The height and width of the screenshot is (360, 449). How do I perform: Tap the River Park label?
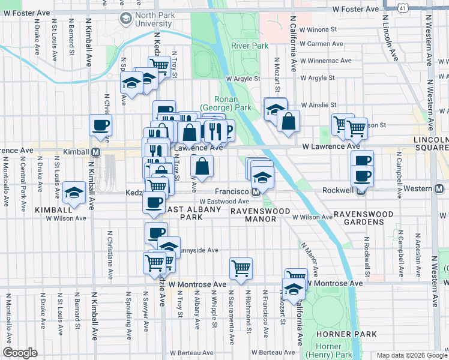coord(249,46)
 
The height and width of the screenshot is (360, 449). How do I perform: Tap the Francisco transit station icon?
coord(256,192)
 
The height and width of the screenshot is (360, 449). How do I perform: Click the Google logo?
coord(20,353)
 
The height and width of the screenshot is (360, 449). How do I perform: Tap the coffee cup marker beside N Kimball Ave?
coord(100,125)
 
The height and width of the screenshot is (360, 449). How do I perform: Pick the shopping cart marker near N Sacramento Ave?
coord(241,268)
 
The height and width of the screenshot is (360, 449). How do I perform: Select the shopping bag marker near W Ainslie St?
coord(288,121)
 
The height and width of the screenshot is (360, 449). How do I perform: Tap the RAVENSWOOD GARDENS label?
coord(359,217)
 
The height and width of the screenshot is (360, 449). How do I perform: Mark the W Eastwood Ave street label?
coord(224,202)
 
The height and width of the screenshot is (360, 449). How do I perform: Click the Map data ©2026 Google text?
coord(411,355)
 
